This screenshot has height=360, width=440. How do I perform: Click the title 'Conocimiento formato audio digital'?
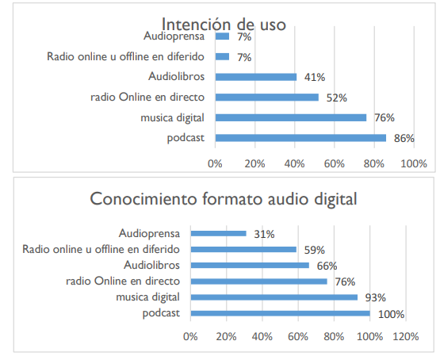pyautogui.click(x=224, y=199)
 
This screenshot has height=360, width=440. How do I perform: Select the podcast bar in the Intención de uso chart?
pyautogui.click(x=300, y=138)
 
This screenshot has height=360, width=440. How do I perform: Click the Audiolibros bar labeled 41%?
pyautogui.click(x=255, y=77)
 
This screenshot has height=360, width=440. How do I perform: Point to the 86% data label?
pyautogui.click(x=404, y=138)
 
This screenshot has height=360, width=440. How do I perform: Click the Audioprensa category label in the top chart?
pyautogui.click(x=175, y=36)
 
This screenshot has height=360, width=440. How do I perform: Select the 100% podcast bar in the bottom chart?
pyautogui.click(x=280, y=313)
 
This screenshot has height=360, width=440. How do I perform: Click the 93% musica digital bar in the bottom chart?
pyautogui.click(x=274, y=297)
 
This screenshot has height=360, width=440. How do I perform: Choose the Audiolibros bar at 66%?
pyautogui.click(x=250, y=265)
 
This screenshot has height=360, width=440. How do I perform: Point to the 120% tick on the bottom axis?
pyautogui.click(x=404, y=336)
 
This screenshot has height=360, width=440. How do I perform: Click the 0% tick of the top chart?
pyautogui.click(x=215, y=164)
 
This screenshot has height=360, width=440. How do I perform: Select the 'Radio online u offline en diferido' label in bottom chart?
pyautogui.click(x=101, y=249)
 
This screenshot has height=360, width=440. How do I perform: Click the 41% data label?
pyautogui.click(x=315, y=77)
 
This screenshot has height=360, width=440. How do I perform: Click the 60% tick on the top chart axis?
pyautogui.click(x=334, y=164)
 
